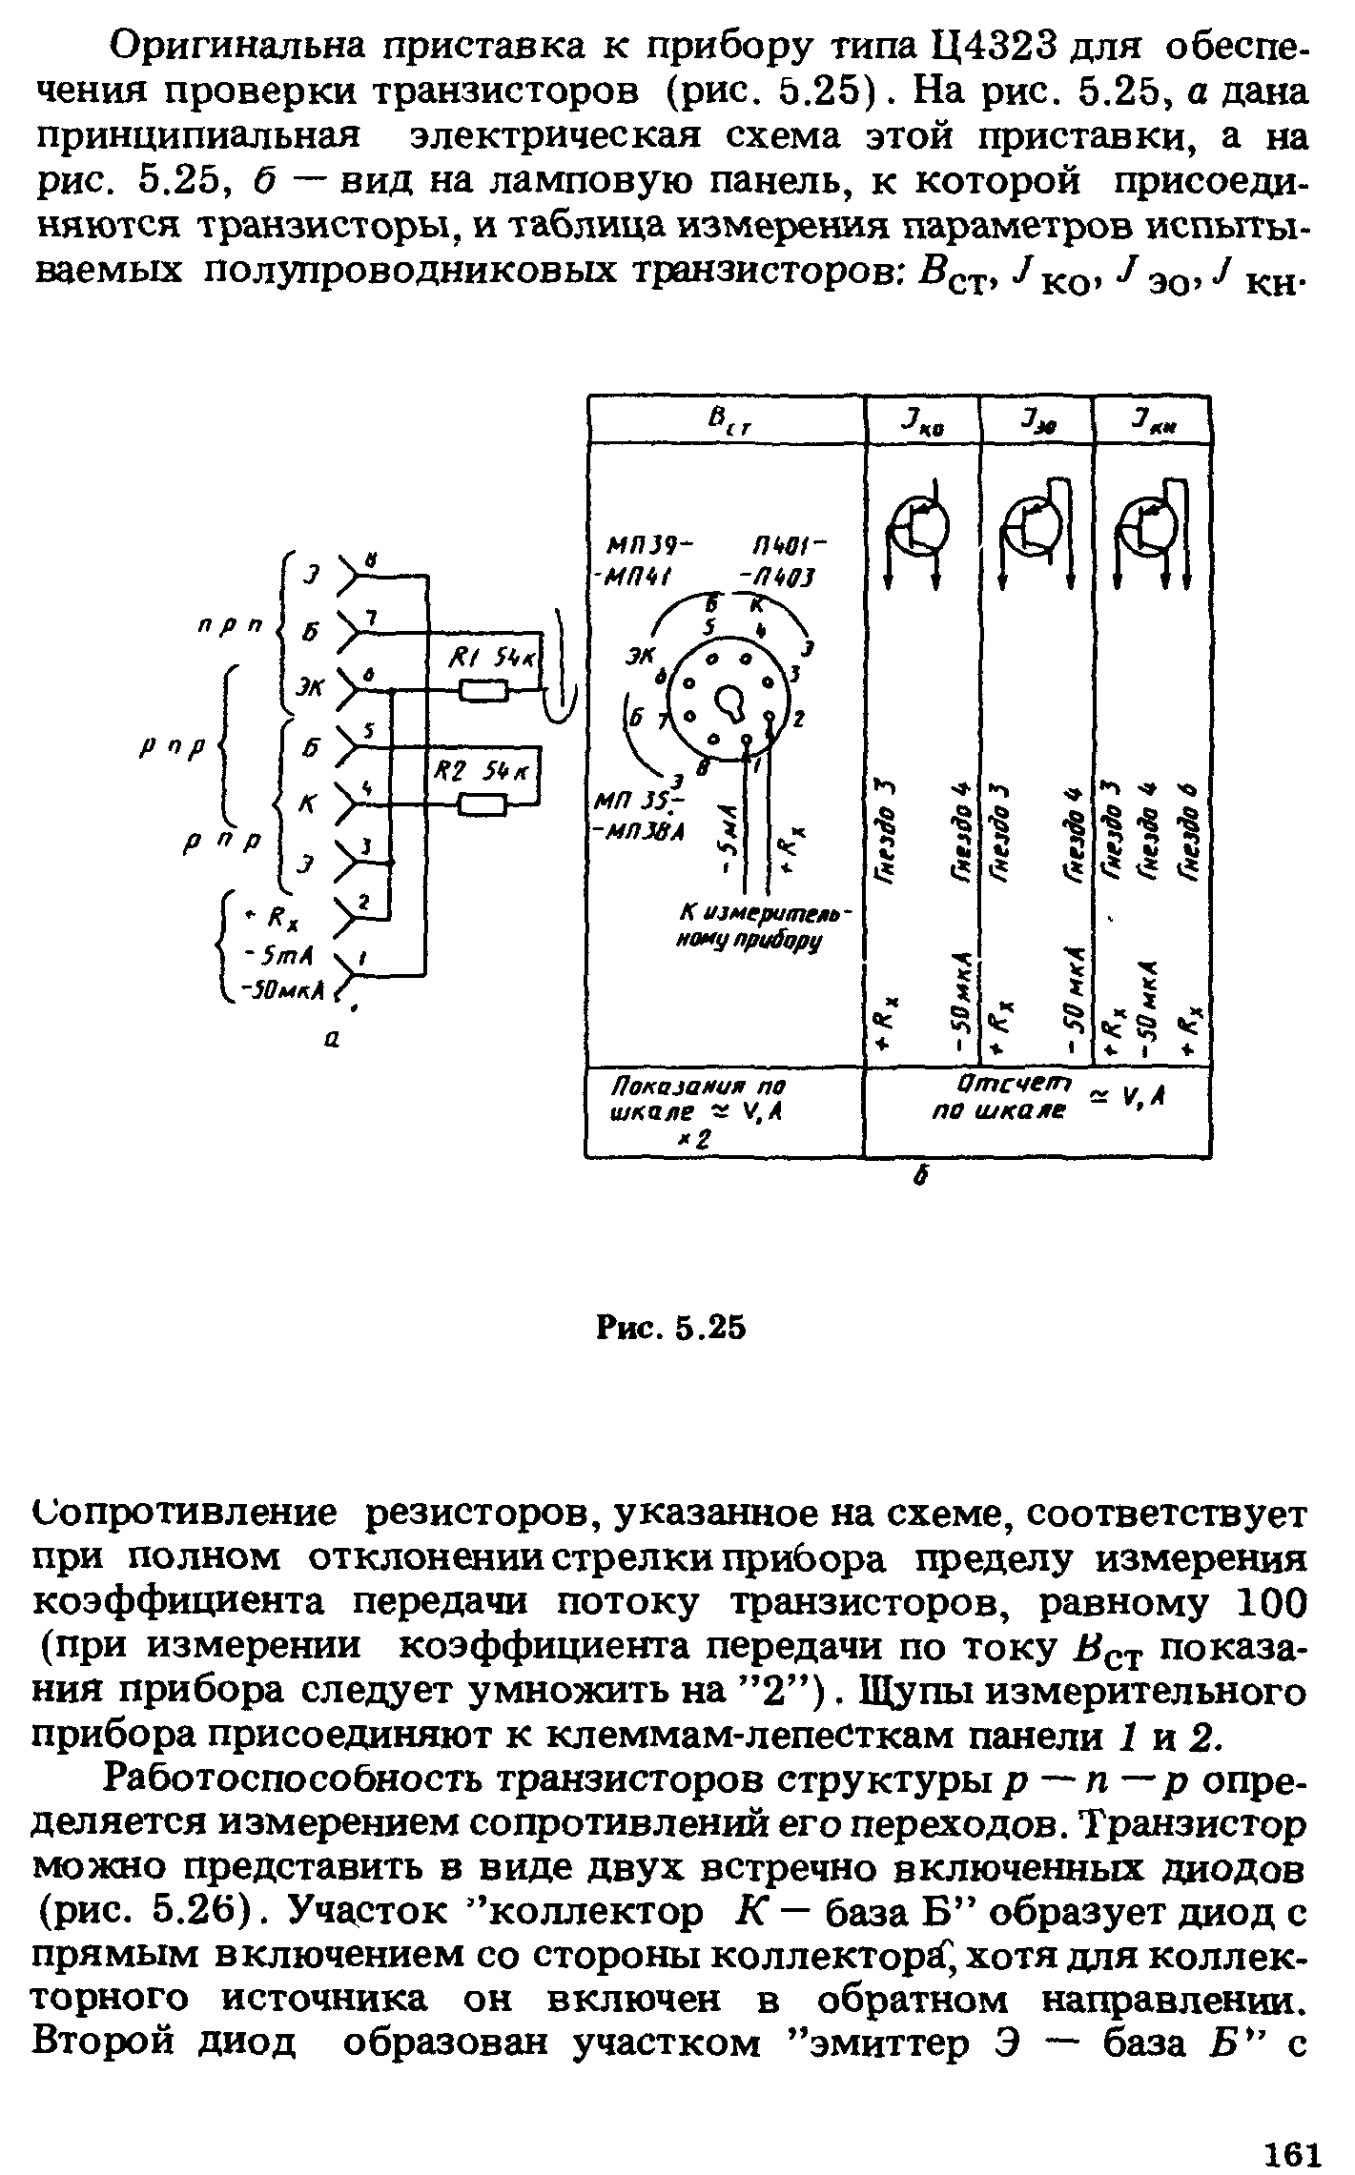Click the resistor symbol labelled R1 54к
(483, 691)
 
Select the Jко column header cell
(921, 420)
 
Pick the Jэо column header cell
(1037, 420)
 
